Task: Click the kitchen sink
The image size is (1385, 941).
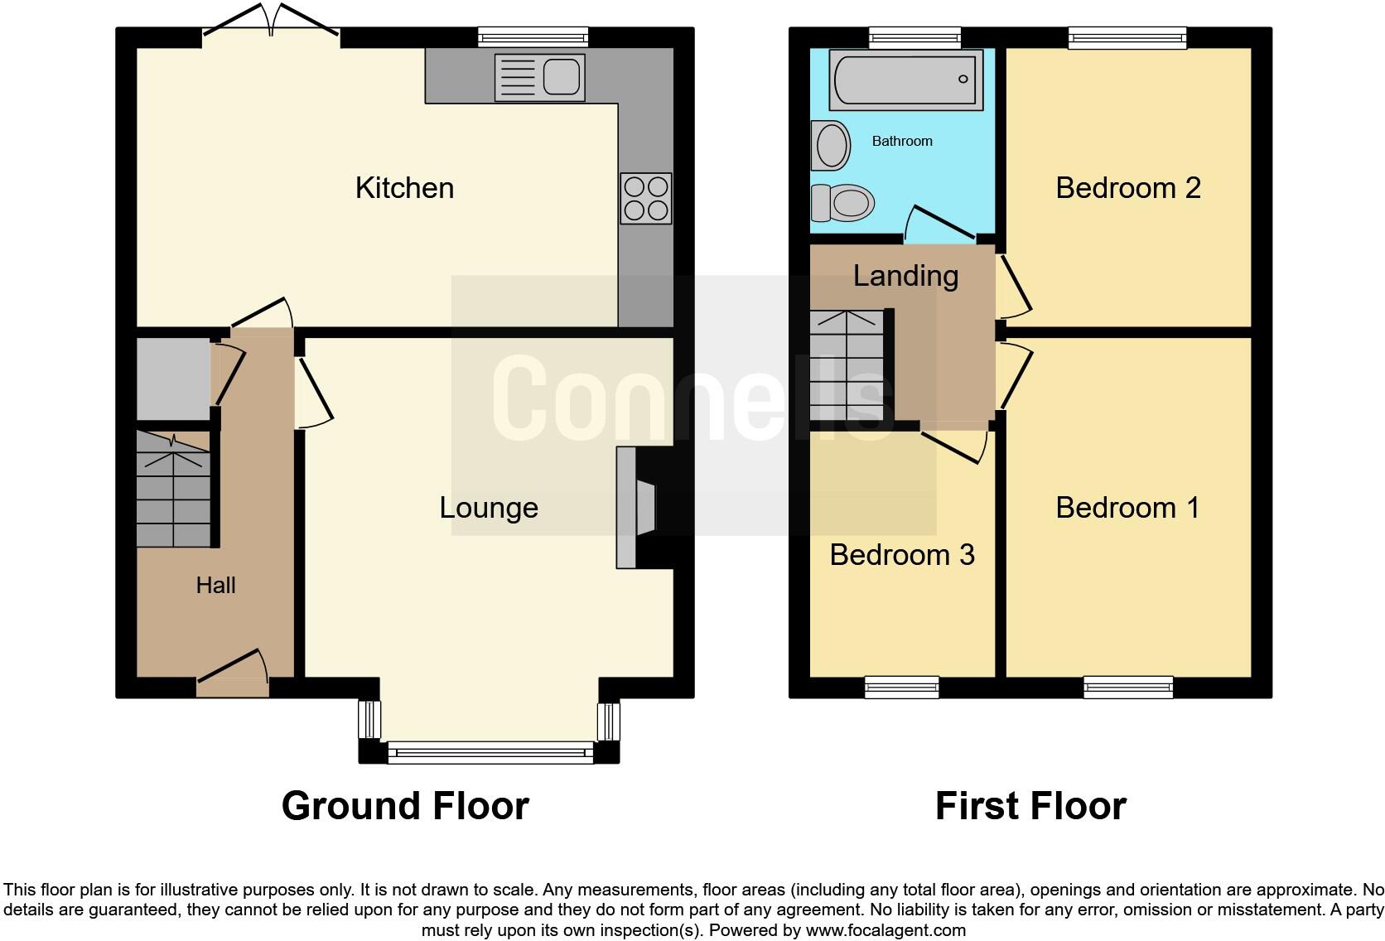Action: tap(539, 78)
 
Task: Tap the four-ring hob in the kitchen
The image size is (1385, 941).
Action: tap(645, 199)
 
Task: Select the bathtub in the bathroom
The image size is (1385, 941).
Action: tap(905, 80)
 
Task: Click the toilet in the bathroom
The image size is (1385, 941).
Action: tap(843, 202)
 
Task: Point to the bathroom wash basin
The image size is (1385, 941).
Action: tap(832, 146)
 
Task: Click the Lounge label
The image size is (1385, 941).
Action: tap(489, 508)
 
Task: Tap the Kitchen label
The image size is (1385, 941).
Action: tap(404, 188)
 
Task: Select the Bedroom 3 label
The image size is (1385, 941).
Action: tap(901, 555)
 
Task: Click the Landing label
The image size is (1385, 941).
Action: tap(905, 276)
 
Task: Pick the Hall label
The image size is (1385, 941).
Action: tap(215, 586)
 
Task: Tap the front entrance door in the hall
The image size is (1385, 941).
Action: tap(233, 673)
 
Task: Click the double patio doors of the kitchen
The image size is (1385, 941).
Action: tap(271, 21)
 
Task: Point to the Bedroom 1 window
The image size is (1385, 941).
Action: tap(1128, 687)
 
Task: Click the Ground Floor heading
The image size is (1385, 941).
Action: tap(404, 806)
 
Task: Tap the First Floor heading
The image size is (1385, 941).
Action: tap(1030, 806)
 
